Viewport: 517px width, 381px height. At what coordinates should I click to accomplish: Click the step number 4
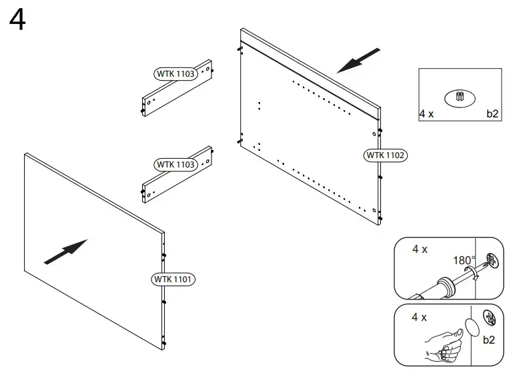pos(18,20)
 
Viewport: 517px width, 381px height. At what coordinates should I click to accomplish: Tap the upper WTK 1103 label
pos(176,74)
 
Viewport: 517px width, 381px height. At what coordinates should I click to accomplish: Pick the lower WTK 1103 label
pos(176,164)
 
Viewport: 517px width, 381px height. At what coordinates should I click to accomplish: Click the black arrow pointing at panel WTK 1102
pos(359,60)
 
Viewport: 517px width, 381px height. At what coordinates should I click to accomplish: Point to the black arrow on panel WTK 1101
pos(65,252)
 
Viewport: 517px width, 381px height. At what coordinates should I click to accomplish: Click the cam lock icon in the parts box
pos(459,97)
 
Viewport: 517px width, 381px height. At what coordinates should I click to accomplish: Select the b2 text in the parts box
pos(492,114)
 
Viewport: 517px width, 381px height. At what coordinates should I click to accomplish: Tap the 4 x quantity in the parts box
pos(427,114)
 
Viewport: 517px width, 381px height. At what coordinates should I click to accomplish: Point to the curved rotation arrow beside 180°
pos(472,271)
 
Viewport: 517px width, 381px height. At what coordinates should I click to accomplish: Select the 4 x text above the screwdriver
pos(420,249)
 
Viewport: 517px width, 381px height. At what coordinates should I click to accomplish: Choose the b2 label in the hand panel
pos(489,340)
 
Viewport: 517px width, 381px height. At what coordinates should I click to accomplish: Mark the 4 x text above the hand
pos(420,317)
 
